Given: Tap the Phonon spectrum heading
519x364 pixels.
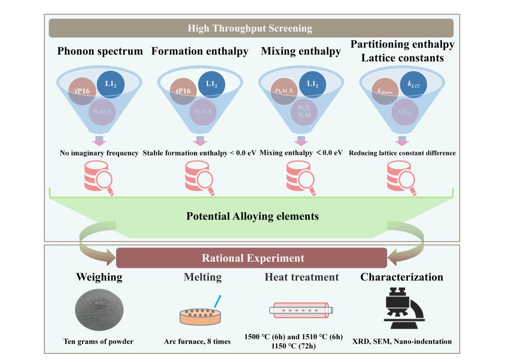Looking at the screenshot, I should tap(100, 51).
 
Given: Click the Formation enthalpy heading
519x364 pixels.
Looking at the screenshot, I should tap(201, 51).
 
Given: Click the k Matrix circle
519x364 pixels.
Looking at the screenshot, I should tap(386, 92).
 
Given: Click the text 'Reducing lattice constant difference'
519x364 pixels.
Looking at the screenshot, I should tap(402, 152).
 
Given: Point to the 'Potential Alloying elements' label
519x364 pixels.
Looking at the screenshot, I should tap(252, 216).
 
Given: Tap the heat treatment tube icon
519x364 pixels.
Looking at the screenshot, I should tap(301, 308).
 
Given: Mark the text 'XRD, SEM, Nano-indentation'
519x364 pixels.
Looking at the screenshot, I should tap(401, 342).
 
